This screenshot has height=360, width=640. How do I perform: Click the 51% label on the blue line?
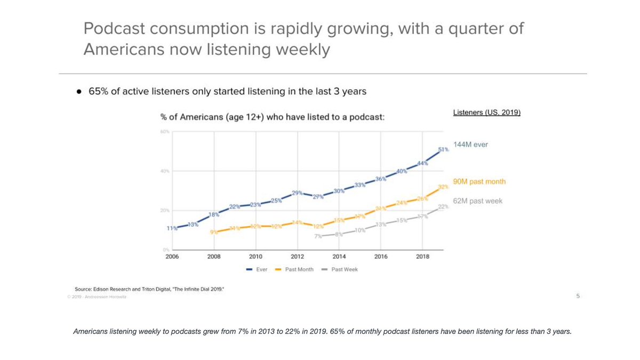443,150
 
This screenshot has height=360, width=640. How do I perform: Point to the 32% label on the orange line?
443,187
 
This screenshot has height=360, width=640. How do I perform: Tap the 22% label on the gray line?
443,207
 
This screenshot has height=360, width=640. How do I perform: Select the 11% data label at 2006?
171,228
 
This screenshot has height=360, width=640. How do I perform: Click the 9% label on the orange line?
213,232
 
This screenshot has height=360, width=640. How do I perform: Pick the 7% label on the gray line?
318,236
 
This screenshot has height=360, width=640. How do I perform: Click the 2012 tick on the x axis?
297,257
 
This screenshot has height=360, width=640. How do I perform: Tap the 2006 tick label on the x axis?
172,257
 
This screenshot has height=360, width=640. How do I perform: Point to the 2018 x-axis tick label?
422,257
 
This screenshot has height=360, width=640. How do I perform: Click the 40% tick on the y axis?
165,171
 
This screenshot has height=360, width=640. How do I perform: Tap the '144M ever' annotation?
470,145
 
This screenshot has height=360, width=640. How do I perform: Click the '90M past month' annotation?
479,182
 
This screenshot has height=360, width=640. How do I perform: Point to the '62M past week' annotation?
478,201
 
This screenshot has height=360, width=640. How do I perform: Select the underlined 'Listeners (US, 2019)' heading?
486,113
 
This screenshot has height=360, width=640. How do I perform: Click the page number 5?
578,295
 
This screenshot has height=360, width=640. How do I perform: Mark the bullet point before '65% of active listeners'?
78,91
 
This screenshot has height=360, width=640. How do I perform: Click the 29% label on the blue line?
297,193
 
